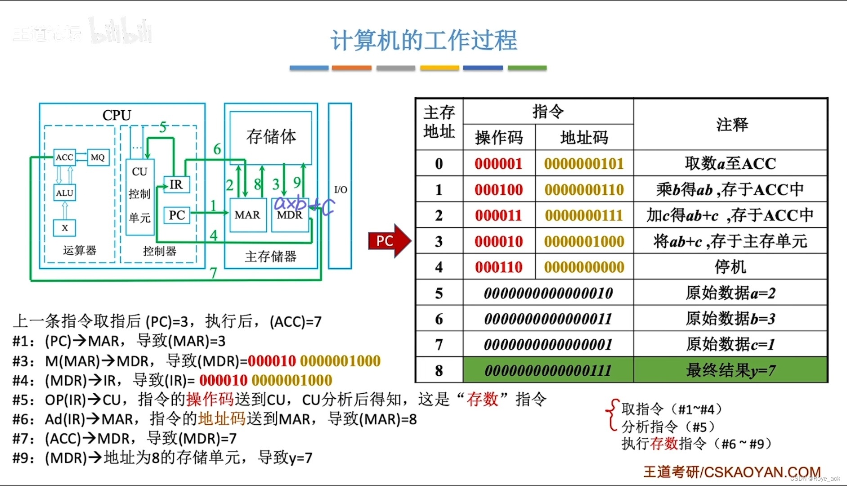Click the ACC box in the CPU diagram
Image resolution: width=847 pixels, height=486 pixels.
(x=64, y=157)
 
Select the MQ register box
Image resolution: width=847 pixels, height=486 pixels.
(x=98, y=157)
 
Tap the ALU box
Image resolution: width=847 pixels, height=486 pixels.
(x=64, y=193)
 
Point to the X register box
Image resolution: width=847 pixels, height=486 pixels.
(x=64, y=228)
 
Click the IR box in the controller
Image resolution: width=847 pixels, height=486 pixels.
(x=176, y=184)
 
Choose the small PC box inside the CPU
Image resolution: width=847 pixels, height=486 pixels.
(x=177, y=215)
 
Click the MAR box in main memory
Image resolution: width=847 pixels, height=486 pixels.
(x=247, y=215)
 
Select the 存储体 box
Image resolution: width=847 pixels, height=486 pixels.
(x=271, y=137)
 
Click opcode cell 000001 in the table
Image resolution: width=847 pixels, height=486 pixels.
(x=499, y=163)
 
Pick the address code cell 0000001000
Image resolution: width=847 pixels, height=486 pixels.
(x=584, y=242)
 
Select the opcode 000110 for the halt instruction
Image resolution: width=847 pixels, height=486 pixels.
(x=499, y=267)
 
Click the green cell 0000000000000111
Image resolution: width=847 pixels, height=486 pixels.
(x=548, y=370)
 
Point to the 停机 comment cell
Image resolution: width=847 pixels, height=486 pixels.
(x=730, y=267)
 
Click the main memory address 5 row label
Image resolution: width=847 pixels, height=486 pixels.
(x=439, y=293)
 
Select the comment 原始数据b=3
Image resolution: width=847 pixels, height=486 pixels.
(x=730, y=319)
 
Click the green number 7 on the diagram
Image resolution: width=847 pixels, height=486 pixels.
(x=213, y=273)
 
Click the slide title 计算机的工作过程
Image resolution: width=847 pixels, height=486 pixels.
(x=423, y=40)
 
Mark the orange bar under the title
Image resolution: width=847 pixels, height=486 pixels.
(x=352, y=68)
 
